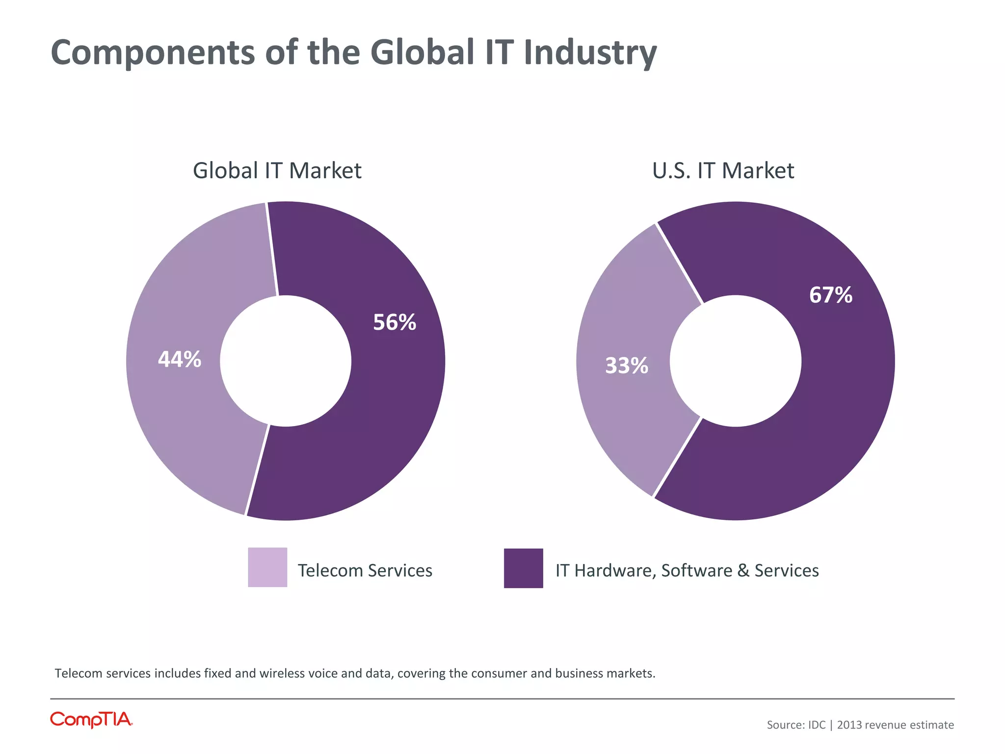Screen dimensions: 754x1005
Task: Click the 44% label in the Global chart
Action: (179, 359)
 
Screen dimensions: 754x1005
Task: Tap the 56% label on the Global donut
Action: (395, 323)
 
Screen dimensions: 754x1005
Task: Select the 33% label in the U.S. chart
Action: (627, 366)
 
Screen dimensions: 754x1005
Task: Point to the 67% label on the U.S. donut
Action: (831, 295)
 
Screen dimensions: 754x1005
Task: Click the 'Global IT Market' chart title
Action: (277, 171)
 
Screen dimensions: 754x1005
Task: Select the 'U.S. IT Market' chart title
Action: (723, 171)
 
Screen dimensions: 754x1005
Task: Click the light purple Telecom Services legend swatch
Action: (267, 567)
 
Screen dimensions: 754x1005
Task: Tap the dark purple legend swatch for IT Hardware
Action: (523, 568)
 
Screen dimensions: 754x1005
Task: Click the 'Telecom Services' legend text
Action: (365, 570)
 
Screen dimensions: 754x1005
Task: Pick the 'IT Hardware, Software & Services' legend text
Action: (687, 570)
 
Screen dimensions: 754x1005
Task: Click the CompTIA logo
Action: (91, 720)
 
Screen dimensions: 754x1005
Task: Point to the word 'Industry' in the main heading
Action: (590, 53)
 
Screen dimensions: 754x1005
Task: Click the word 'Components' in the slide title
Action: (153, 53)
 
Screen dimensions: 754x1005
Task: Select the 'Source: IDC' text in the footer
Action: (796, 725)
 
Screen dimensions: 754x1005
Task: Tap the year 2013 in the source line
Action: (849, 725)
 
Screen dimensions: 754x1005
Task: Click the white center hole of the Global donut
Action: (286, 361)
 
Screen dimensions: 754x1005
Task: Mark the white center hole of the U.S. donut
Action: (736, 361)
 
